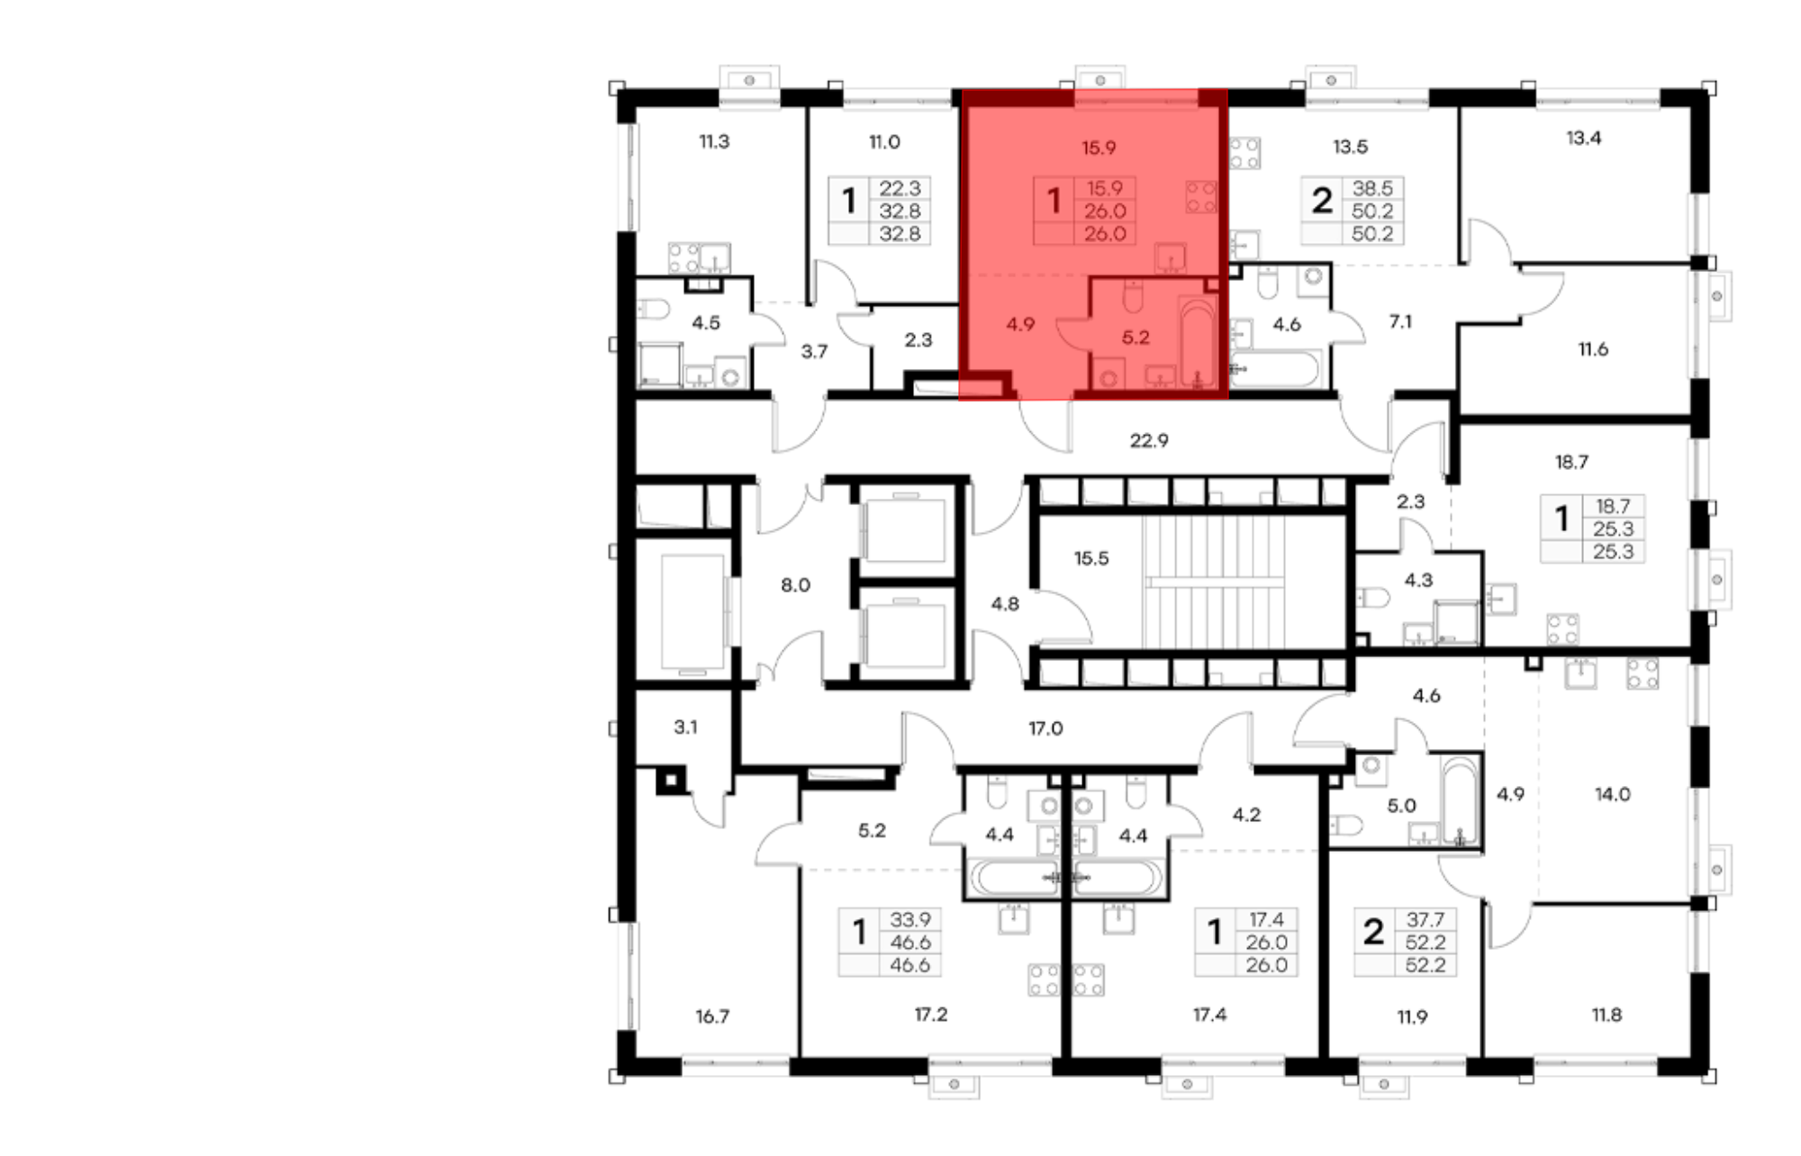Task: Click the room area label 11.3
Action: click(714, 141)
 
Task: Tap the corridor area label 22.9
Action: click(1149, 440)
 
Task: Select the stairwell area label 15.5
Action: click(1091, 558)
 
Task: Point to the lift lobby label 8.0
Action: click(795, 585)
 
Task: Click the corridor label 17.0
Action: click(1045, 727)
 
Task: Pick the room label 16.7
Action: click(711, 1016)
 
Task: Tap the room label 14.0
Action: click(1612, 794)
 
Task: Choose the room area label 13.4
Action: click(1583, 138)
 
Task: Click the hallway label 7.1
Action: click(1400, 321)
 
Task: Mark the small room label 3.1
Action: click(685, 727)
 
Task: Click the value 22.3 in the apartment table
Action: click(900, 188)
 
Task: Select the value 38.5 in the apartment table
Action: click(1372, 188)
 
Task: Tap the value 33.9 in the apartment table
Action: click(910, 919)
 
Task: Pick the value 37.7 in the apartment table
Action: click(1425, 919)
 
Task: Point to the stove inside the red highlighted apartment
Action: click(1201, 197)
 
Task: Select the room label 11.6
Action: click(1592, 348)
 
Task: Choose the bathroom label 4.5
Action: click(706, 322)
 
